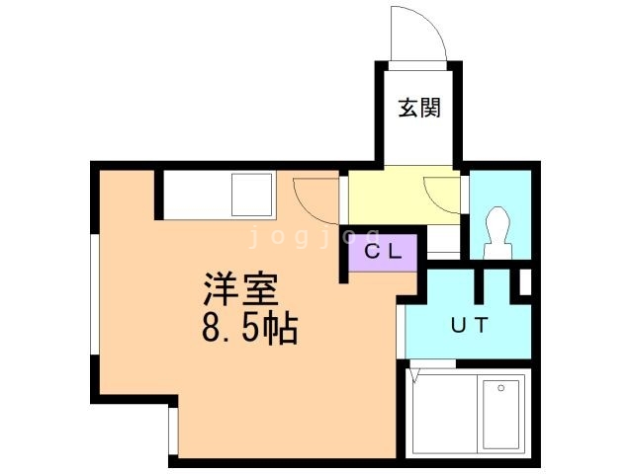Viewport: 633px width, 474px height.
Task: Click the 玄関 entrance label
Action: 419,108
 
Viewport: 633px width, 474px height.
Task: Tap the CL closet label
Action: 383,252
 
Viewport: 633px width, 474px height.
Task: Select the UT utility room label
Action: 470,325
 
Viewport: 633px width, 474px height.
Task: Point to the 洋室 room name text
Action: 241,289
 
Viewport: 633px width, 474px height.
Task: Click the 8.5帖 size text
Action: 250,329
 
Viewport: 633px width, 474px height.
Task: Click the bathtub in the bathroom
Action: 501,414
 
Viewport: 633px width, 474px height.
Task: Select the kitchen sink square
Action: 251,195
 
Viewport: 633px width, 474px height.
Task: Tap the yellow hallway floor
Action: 404,196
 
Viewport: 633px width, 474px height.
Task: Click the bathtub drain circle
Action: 501,388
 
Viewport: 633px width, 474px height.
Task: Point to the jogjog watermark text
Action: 315,237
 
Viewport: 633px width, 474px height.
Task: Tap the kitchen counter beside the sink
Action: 198,195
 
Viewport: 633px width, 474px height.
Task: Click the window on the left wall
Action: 95,294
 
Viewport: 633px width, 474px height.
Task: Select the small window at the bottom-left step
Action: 173,431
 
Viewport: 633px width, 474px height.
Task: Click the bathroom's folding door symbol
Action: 415,375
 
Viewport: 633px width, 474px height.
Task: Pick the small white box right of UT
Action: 525,282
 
